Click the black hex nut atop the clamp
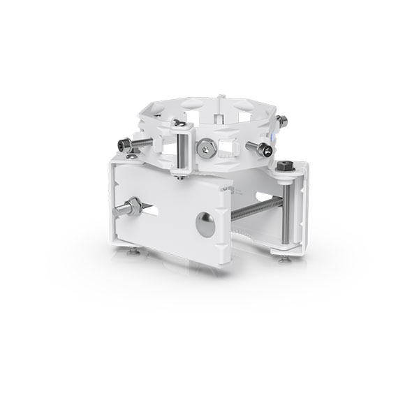[284, 166]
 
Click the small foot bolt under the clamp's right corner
[284, 259]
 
